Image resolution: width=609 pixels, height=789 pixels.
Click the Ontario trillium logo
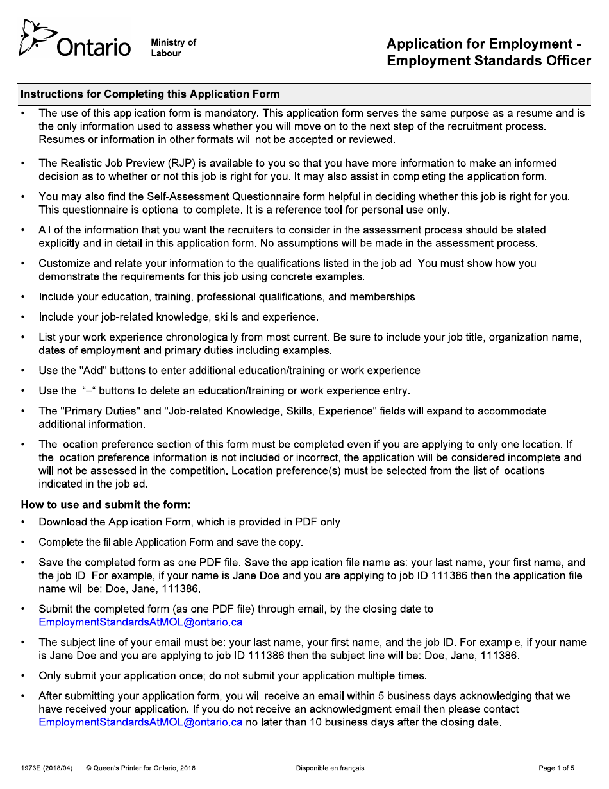pos(33,38)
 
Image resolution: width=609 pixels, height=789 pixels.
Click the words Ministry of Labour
pos(173,47)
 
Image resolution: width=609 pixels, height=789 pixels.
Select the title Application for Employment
pos(480,44)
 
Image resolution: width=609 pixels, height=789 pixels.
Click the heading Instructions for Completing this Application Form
pos(150,94)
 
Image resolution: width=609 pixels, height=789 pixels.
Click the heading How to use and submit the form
pos(106,504)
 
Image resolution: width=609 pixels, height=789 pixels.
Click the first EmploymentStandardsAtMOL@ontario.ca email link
pos(140,622)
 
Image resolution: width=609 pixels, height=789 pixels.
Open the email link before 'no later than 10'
pos(140,722)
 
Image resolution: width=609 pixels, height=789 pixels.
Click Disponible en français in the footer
pos(330,768)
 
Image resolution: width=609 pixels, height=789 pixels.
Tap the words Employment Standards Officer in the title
pos(488,61)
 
